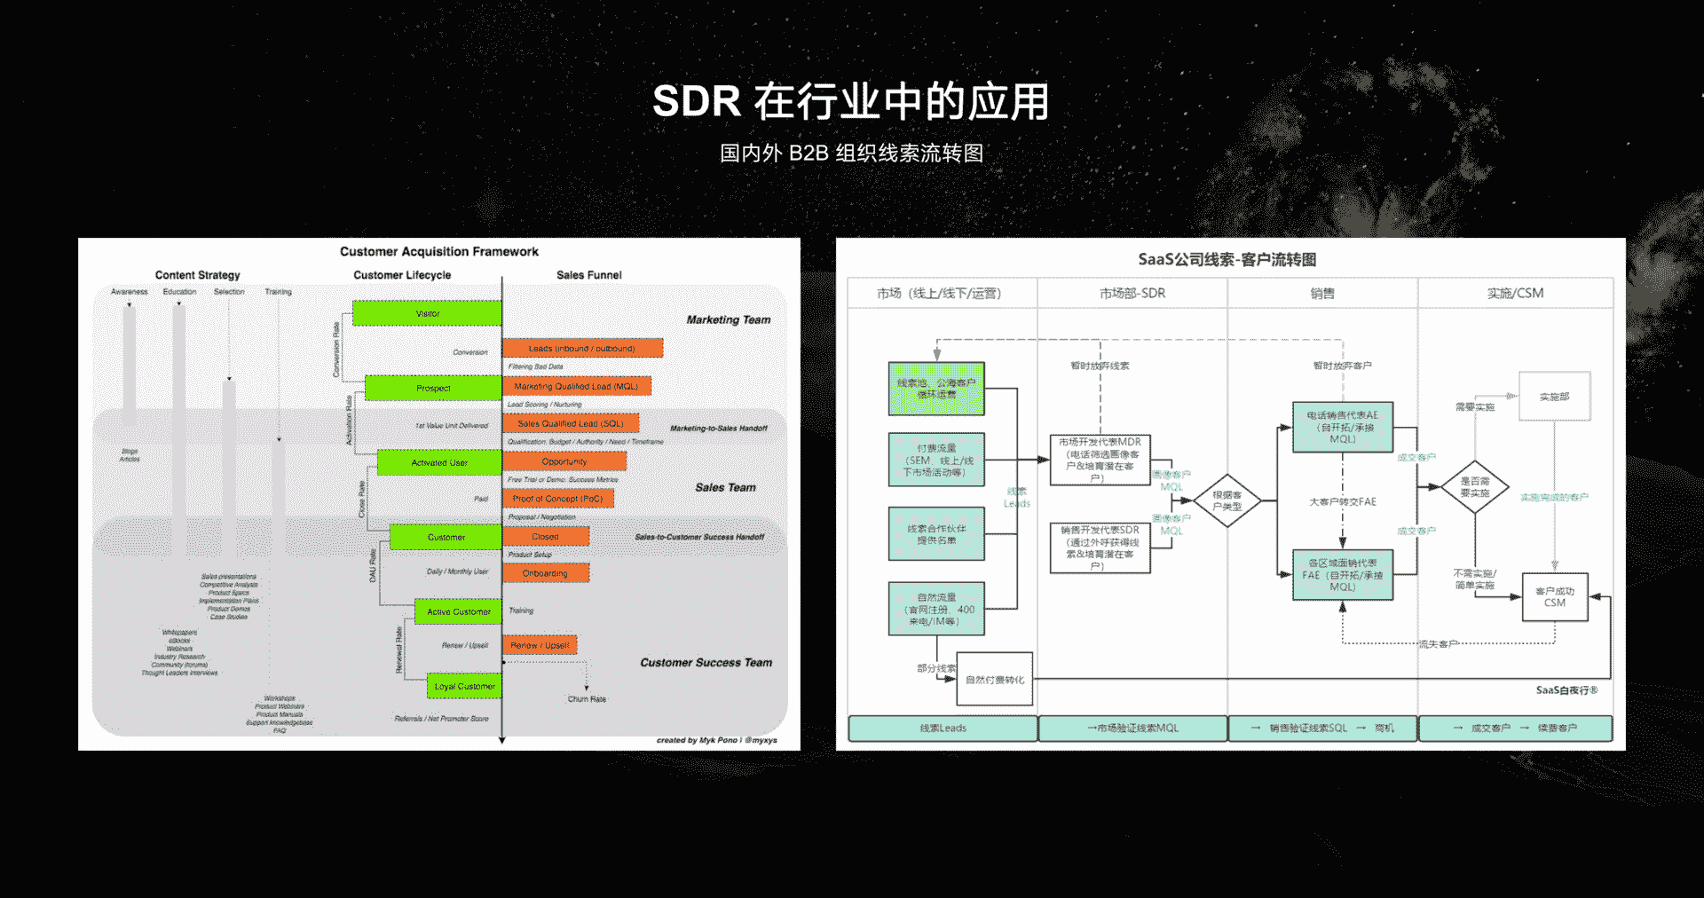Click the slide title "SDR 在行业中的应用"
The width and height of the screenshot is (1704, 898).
(x=850, y=101)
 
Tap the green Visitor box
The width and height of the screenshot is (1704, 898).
(x=427, y=313)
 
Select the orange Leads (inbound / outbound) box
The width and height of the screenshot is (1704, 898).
(x=582, y=348)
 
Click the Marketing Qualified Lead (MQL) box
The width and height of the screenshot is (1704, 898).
(x=576, y=386)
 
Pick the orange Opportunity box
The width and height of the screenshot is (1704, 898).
(x=564, y=461)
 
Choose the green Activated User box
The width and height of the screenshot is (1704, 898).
(x=439, y=462)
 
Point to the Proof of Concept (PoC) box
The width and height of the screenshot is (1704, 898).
(x=557, y=499)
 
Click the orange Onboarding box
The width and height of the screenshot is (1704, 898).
(x=545, y=573)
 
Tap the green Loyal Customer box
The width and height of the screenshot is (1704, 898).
(x=464, y=686)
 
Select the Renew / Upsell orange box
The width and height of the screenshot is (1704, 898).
(x=540, y=645)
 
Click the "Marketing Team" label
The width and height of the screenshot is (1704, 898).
(x=728, y=319)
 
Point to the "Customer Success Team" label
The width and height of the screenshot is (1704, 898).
(x=706, y=662)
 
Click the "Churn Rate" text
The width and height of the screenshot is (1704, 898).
(x=587, y=699)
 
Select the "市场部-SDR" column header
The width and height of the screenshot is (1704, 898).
(x=1132, y=293)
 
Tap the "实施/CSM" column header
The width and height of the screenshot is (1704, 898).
(x=1515, y=293)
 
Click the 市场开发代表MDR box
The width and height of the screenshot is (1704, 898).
(x=1100, y=460)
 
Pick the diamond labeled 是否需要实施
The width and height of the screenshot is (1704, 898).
(x=1474, y=486)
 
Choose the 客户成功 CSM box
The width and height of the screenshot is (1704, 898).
(x=1555, y=596)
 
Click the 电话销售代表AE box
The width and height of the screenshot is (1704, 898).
(x=1342, y=427)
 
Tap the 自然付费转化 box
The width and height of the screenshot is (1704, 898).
(x=995, y=680)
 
